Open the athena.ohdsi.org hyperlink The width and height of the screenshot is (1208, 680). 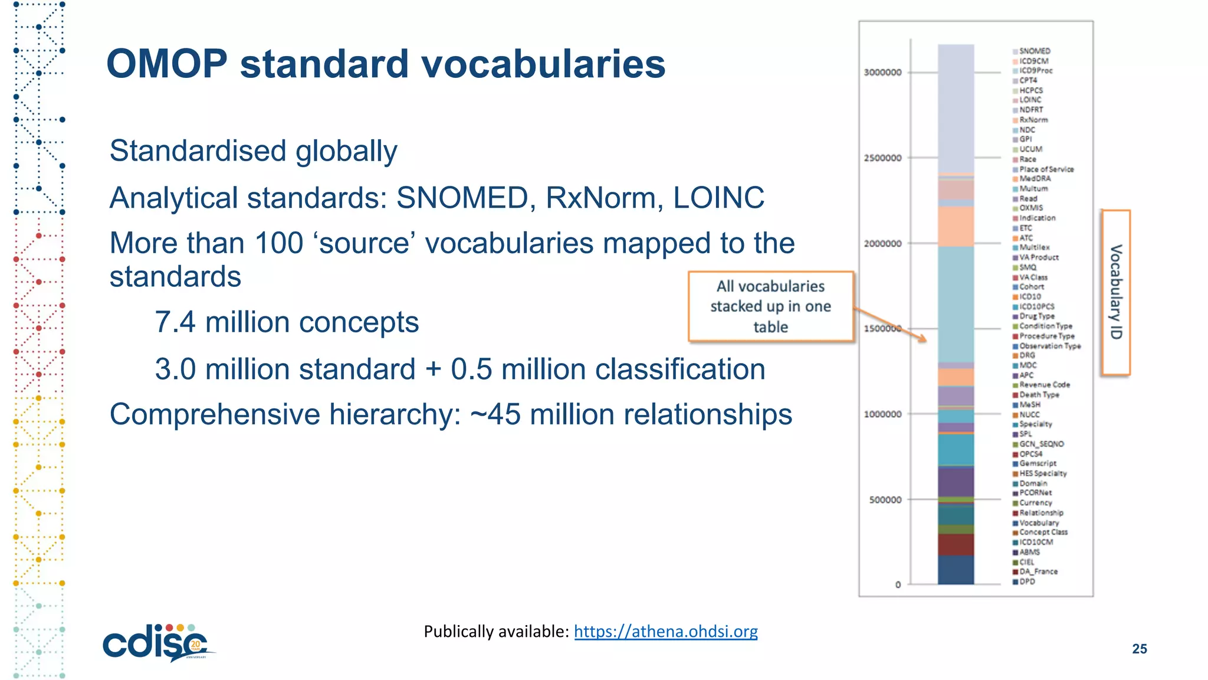[x=665, y=632]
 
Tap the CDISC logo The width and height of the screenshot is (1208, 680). [x=157, y=643]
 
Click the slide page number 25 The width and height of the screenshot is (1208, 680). [x=1139, y=649]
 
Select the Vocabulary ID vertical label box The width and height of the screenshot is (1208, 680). [x=1115, y=292]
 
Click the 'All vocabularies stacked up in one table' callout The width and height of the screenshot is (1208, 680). [x=770, y=306]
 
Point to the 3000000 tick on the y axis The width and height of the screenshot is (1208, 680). [x=882, y=73]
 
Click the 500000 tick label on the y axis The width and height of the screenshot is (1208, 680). [x=885, y=500]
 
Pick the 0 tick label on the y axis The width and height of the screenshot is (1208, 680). [x=898, y=585]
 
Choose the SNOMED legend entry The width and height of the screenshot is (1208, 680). [x=1034, y=51]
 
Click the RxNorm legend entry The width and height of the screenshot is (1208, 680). [x=1033, y=120]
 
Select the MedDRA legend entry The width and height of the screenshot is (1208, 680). [x=1035, y=179]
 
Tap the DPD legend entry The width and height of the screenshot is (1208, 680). [x=1026, y=581]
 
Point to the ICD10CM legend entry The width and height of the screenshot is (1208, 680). [x=1035, y=542]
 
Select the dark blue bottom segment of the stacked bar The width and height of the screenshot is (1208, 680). [x=956, y=570]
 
